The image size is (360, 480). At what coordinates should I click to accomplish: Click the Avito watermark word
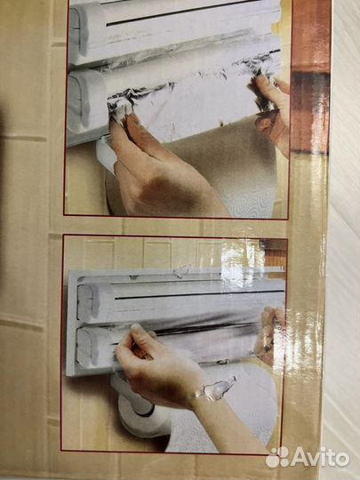[320, 457]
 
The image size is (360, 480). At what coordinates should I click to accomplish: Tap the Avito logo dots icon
[277, 458]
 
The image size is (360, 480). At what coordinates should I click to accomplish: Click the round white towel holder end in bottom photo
[144, 416]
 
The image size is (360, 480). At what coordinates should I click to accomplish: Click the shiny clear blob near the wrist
[217, 389]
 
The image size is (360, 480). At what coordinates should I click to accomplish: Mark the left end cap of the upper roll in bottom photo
[88, 302]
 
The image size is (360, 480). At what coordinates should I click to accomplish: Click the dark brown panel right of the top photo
[310, 112]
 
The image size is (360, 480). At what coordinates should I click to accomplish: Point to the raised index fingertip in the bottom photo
[136, 326]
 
